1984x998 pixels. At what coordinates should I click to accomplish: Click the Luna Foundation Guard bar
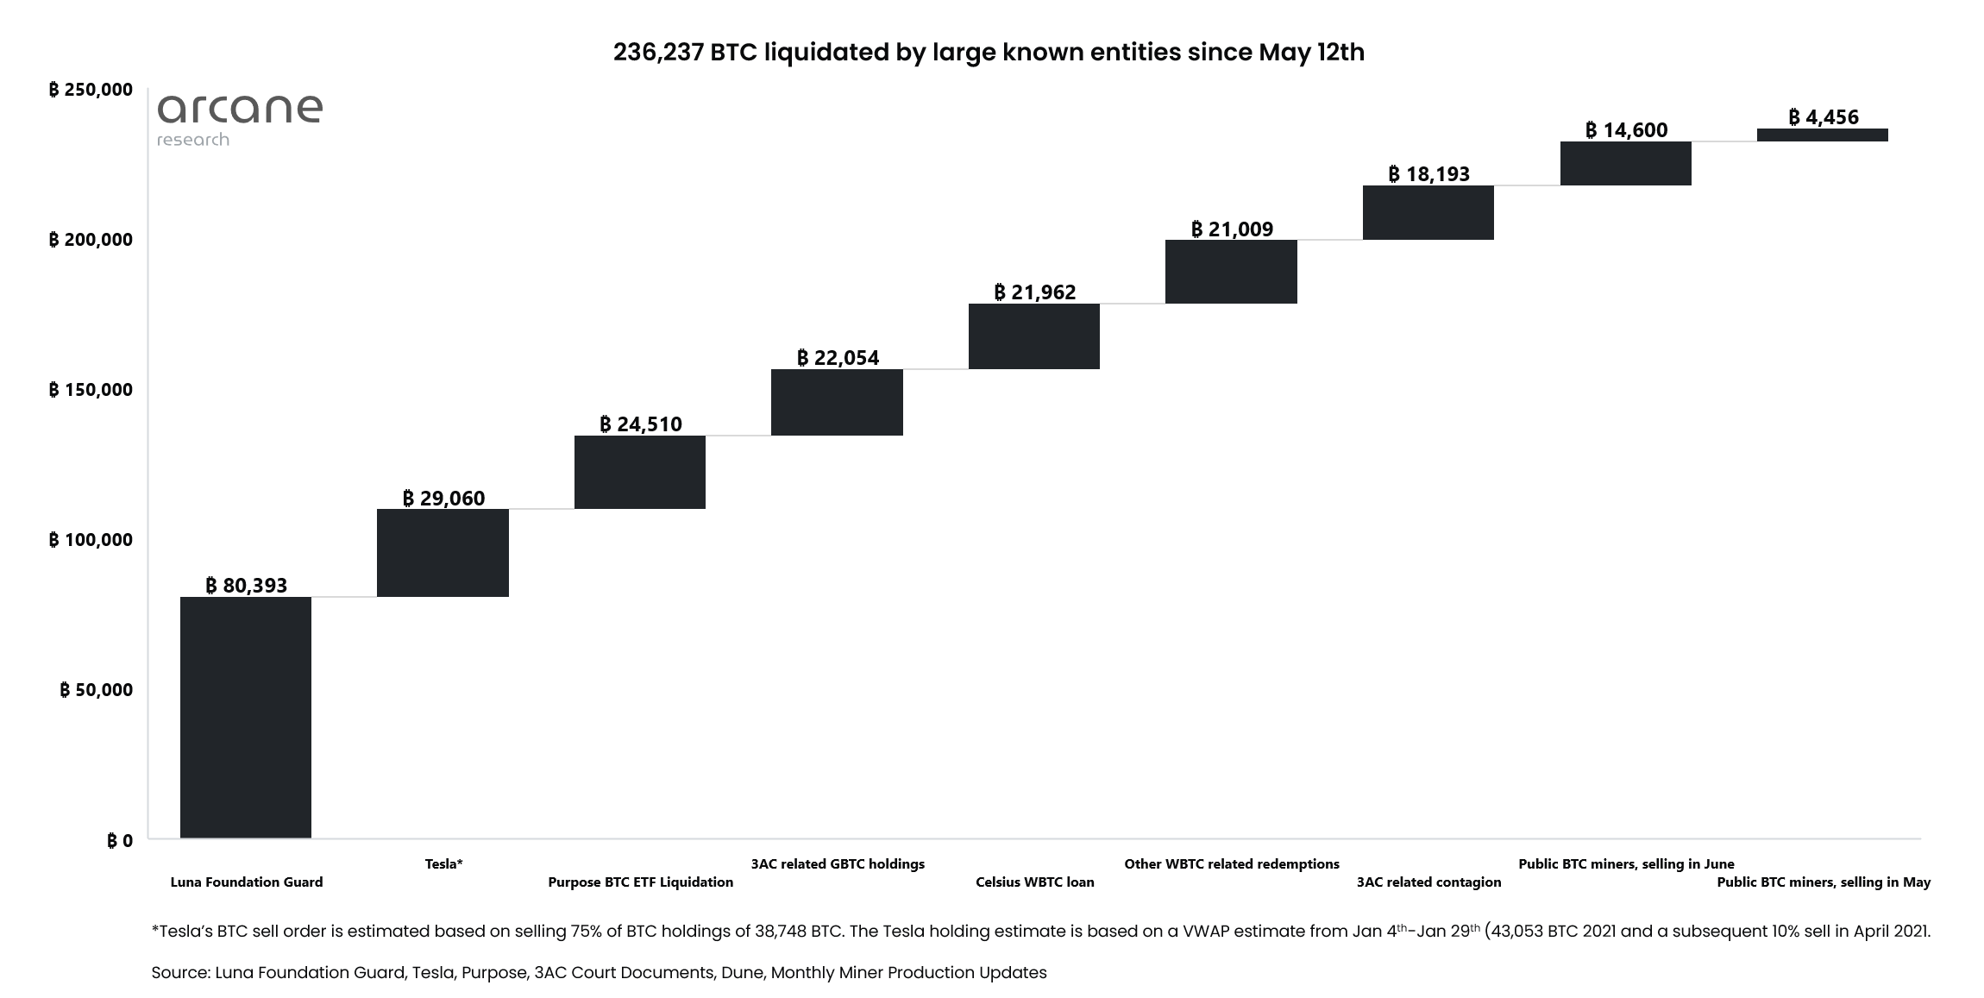click(246, 717)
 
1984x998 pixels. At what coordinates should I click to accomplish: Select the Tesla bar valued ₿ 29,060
click(443, 552)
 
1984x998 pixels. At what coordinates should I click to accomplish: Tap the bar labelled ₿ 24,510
click(640, 472)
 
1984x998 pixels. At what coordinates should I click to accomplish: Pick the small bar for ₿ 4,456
click(1823, 135)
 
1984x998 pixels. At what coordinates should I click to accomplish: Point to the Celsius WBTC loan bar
click(1034, 336)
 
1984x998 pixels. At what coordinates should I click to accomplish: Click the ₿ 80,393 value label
click(247, 586)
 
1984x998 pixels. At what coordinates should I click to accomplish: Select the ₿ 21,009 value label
click(1232, 229)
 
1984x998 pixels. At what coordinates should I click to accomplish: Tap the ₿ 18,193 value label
click(1428, 174)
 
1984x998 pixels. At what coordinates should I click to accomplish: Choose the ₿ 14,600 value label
click(1626, 130)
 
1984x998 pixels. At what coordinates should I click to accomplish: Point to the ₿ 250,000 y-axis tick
click(91, 90)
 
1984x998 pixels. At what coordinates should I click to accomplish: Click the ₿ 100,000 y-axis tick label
click(91, 540)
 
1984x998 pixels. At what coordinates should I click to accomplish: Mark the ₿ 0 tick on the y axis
click(120, 840)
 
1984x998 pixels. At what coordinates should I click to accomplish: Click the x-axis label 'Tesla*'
click(443, 863)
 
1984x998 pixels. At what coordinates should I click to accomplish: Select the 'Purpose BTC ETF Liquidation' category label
click(640, 882)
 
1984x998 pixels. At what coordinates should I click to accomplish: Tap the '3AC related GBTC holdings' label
click(838, 863)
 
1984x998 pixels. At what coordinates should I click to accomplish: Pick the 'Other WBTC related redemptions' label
click(1232, 863)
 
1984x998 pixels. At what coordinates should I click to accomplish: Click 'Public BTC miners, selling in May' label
click(1824, 882)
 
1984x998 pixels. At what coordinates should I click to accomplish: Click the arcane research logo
click(239, 119)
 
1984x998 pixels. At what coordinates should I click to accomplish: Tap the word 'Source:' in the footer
click(180, 973)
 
